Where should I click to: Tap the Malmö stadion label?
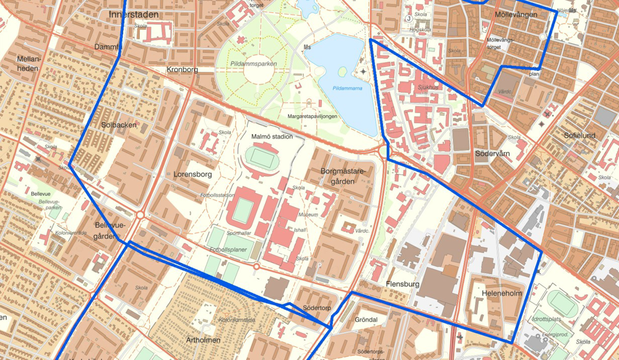272,136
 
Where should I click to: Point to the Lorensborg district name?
193,174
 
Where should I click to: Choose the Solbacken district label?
118,124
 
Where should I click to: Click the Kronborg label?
182,70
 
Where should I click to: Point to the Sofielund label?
579,135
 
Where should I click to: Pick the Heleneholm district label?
502,293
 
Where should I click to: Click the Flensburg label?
402,285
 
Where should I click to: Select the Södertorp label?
317,308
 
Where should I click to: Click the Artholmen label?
203,340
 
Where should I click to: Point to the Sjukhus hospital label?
428,88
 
